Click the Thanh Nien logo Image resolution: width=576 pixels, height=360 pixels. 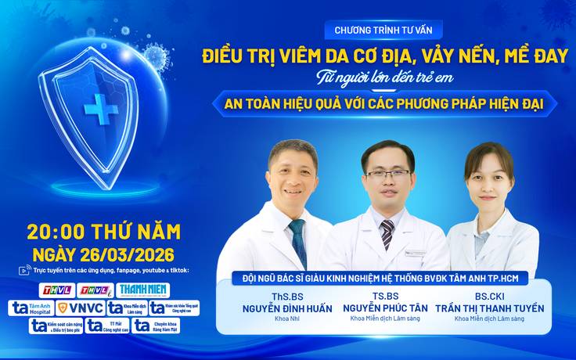144,290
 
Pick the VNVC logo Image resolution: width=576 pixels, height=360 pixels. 79,308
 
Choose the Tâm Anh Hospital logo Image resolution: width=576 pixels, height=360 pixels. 29,308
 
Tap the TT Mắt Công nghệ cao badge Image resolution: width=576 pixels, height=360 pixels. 106,325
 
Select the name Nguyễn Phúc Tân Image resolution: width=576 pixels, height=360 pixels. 385,308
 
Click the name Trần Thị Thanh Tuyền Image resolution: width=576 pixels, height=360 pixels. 489,308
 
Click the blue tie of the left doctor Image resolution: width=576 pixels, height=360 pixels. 297,243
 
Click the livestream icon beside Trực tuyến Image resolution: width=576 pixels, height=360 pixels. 23,271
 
